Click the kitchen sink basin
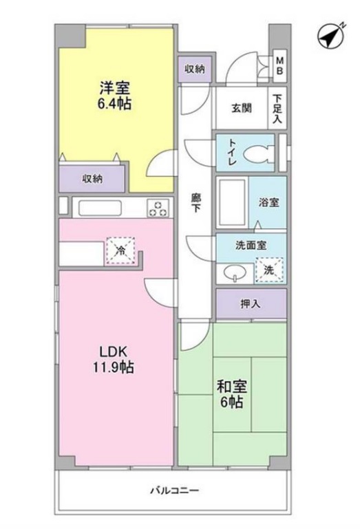tap(100, 207)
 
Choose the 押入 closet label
tap(251, 303)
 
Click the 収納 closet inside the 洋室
tap(92, 178)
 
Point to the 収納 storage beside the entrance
tap(195, 69)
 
